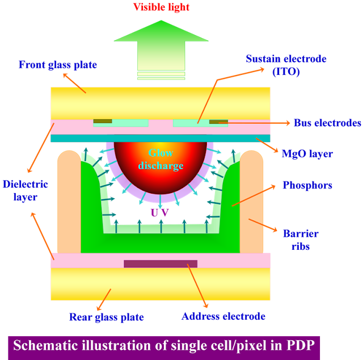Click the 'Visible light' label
coord(161,7)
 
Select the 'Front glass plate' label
coord(58,65)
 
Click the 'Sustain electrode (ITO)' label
coord(286,65)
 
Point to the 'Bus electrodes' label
coord(327,123)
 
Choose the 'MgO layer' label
coord(307,154)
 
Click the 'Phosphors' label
coord(307,185)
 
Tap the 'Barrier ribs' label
coord(301,240)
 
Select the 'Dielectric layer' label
coord(25,191)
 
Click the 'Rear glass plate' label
coord(107,317)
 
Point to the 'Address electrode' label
coord(223,316)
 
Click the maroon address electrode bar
coord(161,264)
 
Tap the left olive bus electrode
coord(103,122)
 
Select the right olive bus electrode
coord(218,122)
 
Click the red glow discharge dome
coord(160,164)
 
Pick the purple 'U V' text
coord(160,213)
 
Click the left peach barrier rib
coord(69,202)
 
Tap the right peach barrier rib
coord(251,202)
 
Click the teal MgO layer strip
coord(161,138)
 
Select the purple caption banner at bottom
coord(164,348)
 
